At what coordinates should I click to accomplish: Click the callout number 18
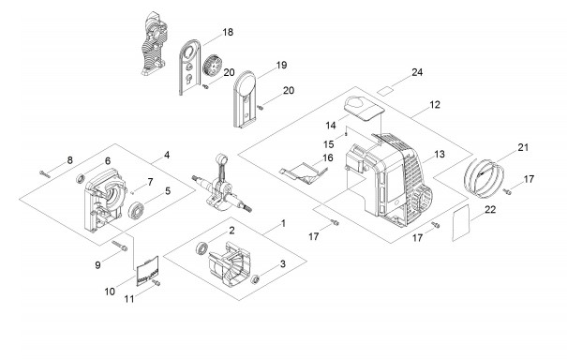click(228, 32)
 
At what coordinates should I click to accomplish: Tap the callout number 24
click(417, 72)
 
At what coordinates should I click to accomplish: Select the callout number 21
click(523, 147)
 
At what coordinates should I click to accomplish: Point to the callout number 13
click(439, 155)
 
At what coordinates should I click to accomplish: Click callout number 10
click(110, 292)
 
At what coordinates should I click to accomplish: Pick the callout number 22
click(490, 209)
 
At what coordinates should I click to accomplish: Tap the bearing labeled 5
click(136, 209)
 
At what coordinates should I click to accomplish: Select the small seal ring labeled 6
click(81, 178)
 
